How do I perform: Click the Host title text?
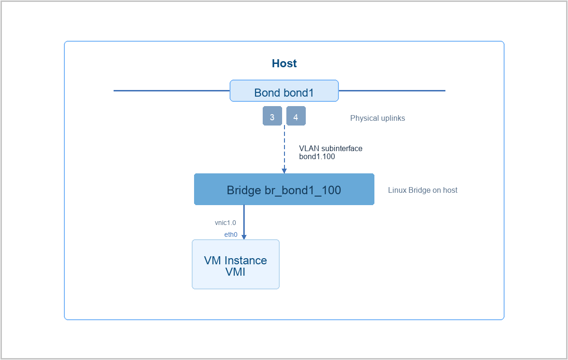pyautogui.click(x=284, y=63)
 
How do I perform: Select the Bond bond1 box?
pyautogui.click(x=284, y=91)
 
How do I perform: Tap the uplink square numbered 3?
pyautogui.click(x=272, y=116)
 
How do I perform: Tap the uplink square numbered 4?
pyautogui.click(x=296, y=116)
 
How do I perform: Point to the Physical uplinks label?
pyautogui.click(x=377, y=118)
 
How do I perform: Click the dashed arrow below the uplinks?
pyautogui.click(x=284, y=149)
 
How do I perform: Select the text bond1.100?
pyautogui.click(x=317, y=156)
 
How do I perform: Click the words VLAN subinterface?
pyautogui.click(x=331, y=148)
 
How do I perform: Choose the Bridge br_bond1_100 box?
pyautogui.click(x=284, y=189)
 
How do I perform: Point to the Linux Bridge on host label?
pyautogui.click(x=423, y=190)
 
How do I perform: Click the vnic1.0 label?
pyautogui.click(x=225, y=223)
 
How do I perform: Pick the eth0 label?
pyautogui.click(x=231, y=234)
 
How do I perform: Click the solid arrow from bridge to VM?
pyautogui.click(x=244, y=222)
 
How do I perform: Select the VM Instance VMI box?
pyautogui.click(x=236, y=264)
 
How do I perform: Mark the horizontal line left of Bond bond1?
pyautogui.click(x=172, y=90)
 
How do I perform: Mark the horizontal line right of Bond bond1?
pyautogui.click(x=392, y=90)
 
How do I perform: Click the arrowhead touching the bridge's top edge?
pyautogui.click(x=284, y=171)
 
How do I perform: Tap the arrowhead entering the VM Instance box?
pyautogui.click(x=244, y=237)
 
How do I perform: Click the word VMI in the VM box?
pyautogui.click(x=235, y=272)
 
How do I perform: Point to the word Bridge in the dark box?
pyautogui.click(x=244, y=190)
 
